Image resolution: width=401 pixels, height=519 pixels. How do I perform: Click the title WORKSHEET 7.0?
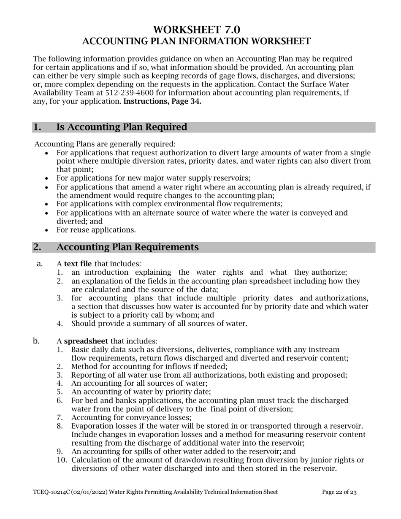click(196, 30)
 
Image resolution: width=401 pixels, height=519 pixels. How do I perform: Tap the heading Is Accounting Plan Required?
click(122, 127)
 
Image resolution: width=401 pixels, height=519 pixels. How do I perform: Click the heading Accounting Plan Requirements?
click(127, 247)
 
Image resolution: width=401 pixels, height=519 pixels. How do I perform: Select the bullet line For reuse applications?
click(96, 230)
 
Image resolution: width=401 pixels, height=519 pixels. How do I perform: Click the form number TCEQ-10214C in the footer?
click(53, 492)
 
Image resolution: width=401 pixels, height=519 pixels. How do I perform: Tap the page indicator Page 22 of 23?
click(339, 492)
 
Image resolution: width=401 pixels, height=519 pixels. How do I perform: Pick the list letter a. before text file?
click(40, 264)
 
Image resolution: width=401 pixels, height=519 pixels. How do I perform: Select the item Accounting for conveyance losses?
click(131, 417)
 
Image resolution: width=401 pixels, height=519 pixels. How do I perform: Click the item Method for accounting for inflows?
click(149, 367)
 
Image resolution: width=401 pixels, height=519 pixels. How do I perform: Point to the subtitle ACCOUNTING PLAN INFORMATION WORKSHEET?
click(196, 41)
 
